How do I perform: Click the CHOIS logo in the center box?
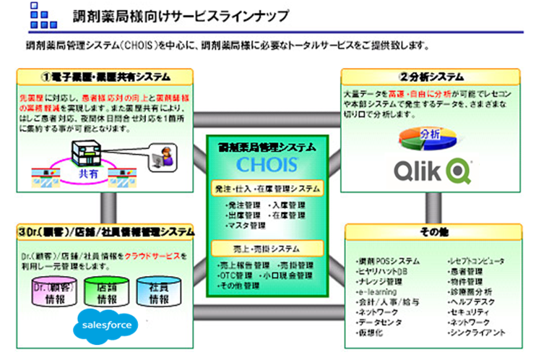(265, 164)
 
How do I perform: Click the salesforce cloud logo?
(105, 325)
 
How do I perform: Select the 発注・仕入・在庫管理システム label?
(266, 189)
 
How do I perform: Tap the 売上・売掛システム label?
(265, 248)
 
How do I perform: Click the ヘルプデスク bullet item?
(471, 301)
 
